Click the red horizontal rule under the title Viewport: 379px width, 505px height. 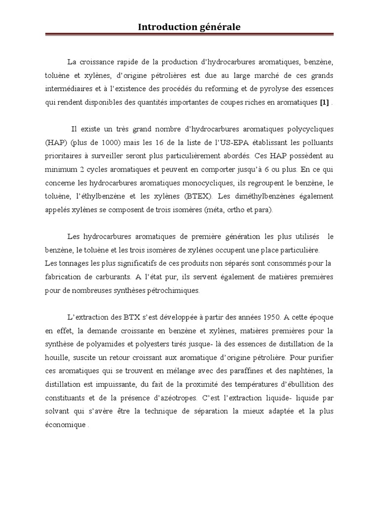(189, 35)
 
